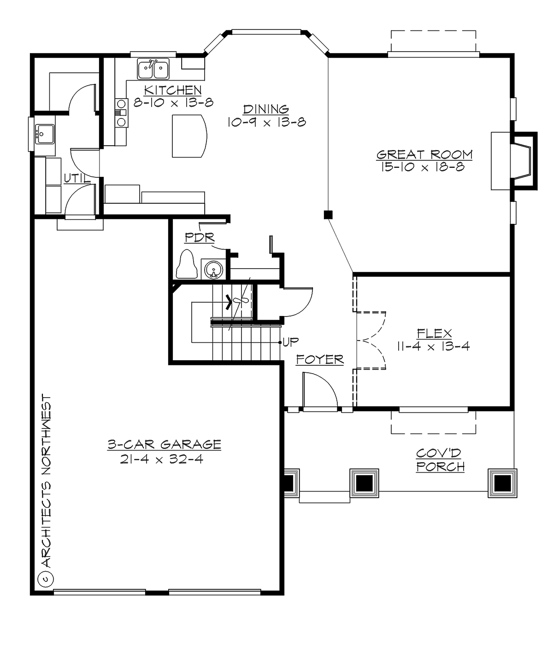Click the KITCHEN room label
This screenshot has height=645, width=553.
pos(173,90)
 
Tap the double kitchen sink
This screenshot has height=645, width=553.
pos(153,69)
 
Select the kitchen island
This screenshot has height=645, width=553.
pos(189,136)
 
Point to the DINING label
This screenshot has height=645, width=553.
pos(266,109)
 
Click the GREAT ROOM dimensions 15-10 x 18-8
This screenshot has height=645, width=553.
pos(424,167)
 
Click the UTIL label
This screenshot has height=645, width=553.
pos(77,178)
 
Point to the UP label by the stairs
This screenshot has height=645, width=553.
pos(290,342)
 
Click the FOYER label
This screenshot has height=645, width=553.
pos(320,359)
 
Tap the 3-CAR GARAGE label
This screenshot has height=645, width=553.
pos(164,445)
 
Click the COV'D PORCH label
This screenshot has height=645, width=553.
pos(440,460)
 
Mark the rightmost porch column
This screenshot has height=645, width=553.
pos(503,483)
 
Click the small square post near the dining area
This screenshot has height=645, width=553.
pos(328,215)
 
